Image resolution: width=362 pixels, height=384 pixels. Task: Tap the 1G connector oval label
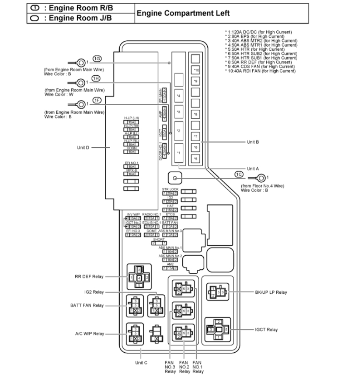(x=97, y=58)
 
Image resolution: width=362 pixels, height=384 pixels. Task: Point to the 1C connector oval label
(x=239, y=174)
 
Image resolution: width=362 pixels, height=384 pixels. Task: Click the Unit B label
(x=253, y=142)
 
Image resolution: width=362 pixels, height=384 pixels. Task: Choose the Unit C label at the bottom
(x=141, y=362)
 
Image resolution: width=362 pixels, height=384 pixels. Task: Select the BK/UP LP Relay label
(x=271, y=292)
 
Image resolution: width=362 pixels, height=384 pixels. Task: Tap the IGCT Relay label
(x=266, y=330)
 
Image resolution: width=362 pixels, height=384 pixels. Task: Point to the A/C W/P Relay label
(x=89, y=334)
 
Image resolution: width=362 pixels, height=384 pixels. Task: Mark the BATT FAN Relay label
(x=87, y=305)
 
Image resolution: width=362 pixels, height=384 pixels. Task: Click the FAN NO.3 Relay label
(x=170, y=367)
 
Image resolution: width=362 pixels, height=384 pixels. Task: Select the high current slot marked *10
(x=196, y=70)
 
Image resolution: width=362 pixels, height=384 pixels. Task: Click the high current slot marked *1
(x=178, y=153)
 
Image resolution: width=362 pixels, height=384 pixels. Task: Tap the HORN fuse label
(x=132, y=148)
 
